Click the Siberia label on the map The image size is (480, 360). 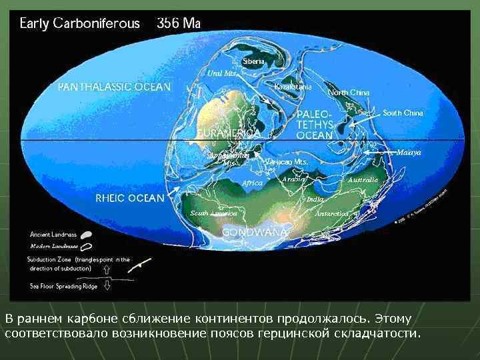click(254, 61)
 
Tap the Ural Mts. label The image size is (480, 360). click(223, 73)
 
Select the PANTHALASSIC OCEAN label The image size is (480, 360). click(114, 87)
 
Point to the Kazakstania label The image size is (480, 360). click(293, 87)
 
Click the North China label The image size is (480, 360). click(349, 92)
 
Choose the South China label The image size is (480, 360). click(403, 113)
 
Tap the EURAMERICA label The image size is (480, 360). click(228, 133)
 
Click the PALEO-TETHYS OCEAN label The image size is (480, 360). click(314, 124)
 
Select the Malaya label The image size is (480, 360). click(409, 152)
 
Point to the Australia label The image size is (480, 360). click(363, 179)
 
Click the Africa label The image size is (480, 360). click(253, 183)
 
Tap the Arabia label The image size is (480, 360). click(294, 179)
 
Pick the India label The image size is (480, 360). click(315, 199)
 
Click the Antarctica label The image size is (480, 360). click(332, 213)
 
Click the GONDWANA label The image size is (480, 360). click(255, 232)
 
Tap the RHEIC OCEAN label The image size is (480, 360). click(130, 198)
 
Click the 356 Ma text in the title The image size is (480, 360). click(178, 23)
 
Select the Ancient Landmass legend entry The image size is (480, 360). click(53, 234)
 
